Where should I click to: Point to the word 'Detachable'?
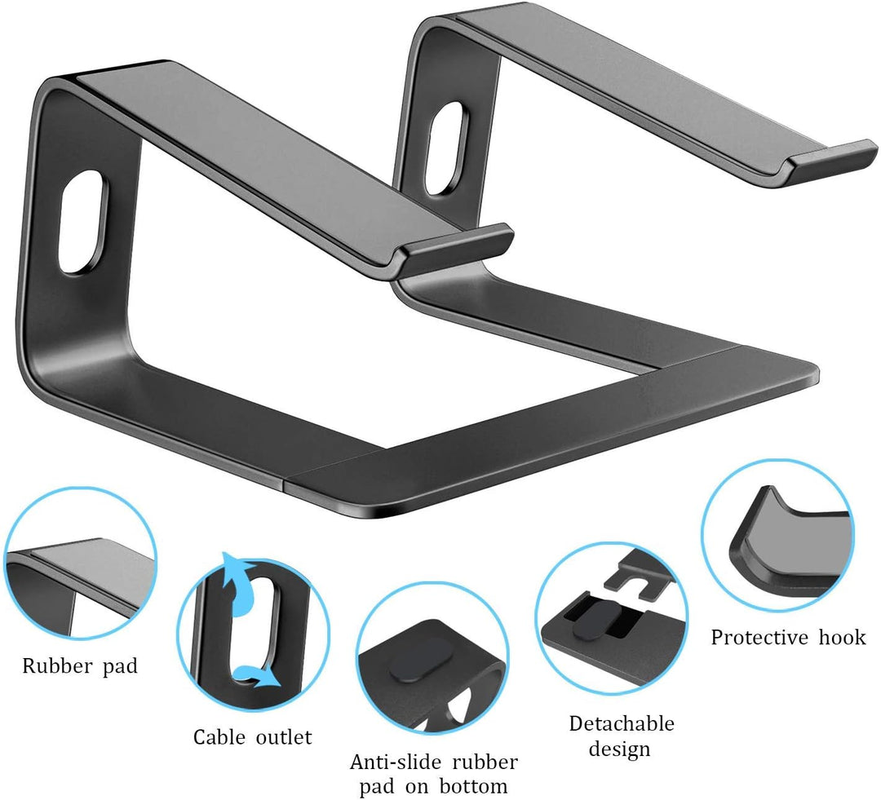[x=622, y=723]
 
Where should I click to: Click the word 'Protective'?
[x=759, y=637]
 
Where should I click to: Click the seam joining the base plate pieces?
[x=286, y=481]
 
